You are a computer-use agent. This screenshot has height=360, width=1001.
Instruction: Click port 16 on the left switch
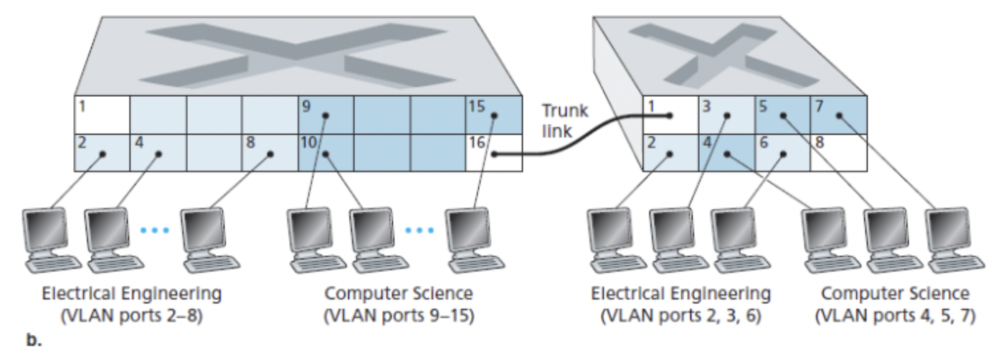493,152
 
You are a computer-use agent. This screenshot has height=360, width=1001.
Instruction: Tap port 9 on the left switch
326,115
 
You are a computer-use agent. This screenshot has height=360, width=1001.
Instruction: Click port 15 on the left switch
493,115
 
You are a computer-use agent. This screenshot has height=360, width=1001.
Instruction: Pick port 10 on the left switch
326,152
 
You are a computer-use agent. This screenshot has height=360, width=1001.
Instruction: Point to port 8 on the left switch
270,152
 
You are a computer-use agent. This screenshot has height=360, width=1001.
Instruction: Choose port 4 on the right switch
726,152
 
